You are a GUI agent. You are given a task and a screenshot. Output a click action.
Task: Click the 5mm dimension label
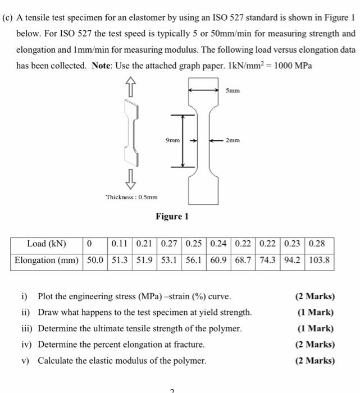pos(232,90)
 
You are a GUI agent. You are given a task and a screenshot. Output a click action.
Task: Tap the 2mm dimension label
pos(233,140)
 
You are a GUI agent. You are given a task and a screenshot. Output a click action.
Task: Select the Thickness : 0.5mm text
pos(131,197)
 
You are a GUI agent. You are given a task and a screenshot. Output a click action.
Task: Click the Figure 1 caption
pos(172,216)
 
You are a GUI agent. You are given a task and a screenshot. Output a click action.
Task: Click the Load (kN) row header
pos(47,244)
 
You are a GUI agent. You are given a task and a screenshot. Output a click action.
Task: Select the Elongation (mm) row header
pos(47,260)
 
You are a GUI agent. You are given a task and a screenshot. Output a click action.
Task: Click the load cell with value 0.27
pos(170,244)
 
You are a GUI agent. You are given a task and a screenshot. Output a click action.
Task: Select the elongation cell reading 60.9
pos(219,260)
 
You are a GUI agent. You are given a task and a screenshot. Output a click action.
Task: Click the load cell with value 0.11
pos(119,244)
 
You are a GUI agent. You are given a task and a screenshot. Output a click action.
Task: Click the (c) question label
pos(8,17)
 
